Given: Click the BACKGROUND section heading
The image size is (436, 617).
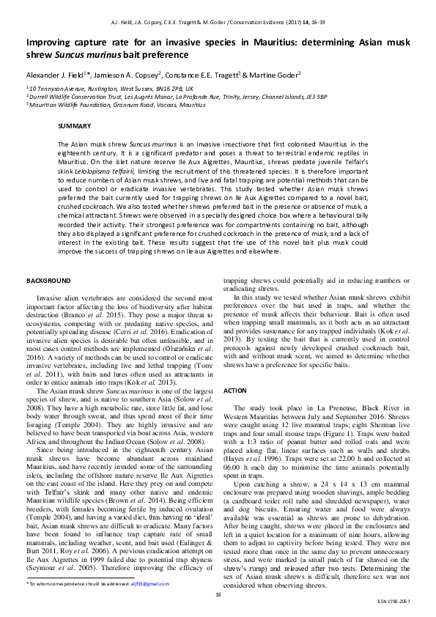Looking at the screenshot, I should pyautogui.click(x=48, y=281).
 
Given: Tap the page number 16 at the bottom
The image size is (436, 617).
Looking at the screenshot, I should pyautogui.click(x=218, y=594).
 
